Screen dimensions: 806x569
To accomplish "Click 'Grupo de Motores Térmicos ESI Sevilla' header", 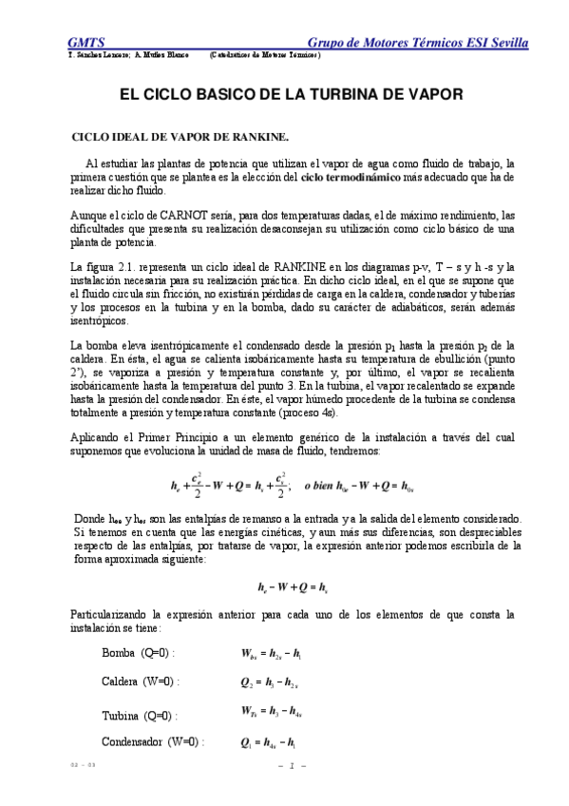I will click(x=419, y=44).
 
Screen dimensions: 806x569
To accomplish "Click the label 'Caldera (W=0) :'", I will click(x=140, y=681).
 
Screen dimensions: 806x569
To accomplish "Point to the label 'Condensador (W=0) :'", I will click(x=152, y=741).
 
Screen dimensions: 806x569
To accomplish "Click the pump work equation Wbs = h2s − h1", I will click(x=273, y=653).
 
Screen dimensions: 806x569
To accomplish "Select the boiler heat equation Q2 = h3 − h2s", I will click(x=271, y=681).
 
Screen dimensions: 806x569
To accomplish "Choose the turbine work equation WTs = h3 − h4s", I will click(x=275, y=712).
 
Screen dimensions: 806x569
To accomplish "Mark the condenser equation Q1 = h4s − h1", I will click(x=272, y=741).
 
